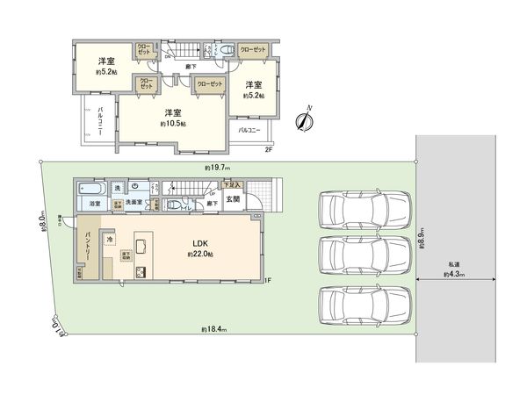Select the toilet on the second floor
[226, 50]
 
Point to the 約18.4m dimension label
[213, 329]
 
